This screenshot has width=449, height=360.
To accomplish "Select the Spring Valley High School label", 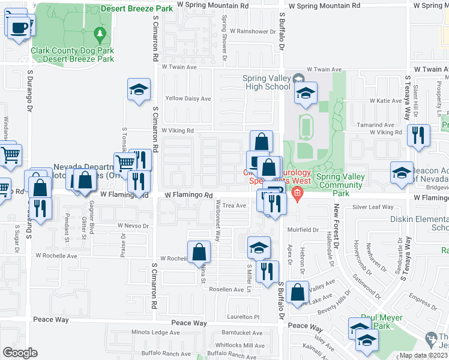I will click(x=266, y=82).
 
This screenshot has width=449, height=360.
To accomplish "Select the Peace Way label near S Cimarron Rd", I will click(x=189, y=323).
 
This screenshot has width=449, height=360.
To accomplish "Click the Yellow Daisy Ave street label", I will click(x=188, y=98).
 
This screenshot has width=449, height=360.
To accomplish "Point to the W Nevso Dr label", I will click(x=133, y=225).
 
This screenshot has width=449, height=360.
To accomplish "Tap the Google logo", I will click(x=20, y=353).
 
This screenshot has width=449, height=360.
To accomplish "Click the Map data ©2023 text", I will click(x=422, y=355).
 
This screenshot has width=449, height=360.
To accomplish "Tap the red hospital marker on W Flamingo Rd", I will click(x=297, y=193).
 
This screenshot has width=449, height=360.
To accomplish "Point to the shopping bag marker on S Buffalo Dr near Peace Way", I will click(x=297, y=292).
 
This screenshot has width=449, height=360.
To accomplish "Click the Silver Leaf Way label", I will click(x=373, y=207).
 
